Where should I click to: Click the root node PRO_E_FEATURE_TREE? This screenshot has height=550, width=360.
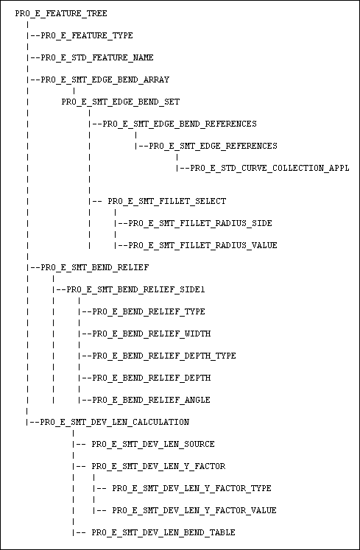[x=61, y=14]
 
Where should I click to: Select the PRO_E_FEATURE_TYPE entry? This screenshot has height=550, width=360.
[x=87, y=36]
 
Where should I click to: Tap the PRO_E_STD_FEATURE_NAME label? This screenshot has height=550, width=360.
[x=97, y=58]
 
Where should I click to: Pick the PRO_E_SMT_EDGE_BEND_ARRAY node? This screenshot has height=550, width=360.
[x=105, y=80]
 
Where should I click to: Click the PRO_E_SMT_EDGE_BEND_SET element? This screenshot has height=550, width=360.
[x=121, y=102]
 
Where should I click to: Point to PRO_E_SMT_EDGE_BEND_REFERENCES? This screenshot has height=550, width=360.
[x=180, y=124]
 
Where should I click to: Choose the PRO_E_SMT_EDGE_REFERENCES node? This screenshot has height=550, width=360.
[x=213, y=146]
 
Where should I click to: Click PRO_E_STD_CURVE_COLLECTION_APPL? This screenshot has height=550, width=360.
[x=270, y=169]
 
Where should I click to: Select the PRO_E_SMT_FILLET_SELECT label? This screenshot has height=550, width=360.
[x=167, y=201]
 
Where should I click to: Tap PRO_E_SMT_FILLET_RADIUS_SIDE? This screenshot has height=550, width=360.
[x=200, y=223]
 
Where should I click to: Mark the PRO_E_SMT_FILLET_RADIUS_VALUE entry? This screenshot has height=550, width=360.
[x=202, y=245]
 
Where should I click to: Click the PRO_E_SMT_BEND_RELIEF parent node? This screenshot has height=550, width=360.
[x=95, y=267]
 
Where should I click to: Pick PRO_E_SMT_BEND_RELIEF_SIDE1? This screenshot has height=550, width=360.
[x=135, y=290]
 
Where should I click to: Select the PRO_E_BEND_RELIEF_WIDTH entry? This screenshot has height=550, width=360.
[x=152, y=334]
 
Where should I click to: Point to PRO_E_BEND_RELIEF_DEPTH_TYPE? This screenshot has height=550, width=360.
[x=164, y=356]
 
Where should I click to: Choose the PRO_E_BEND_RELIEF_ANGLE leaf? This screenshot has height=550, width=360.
[x=152, y=400]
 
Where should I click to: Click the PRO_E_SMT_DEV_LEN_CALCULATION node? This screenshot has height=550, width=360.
[x=115, y=422]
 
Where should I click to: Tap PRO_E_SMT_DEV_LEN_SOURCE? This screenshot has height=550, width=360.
[x=153, y=444]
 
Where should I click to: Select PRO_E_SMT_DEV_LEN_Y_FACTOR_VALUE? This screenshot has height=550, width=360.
[x=194, y=510]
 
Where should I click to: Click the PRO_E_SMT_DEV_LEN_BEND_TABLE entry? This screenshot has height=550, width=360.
[x=163, y=532]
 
